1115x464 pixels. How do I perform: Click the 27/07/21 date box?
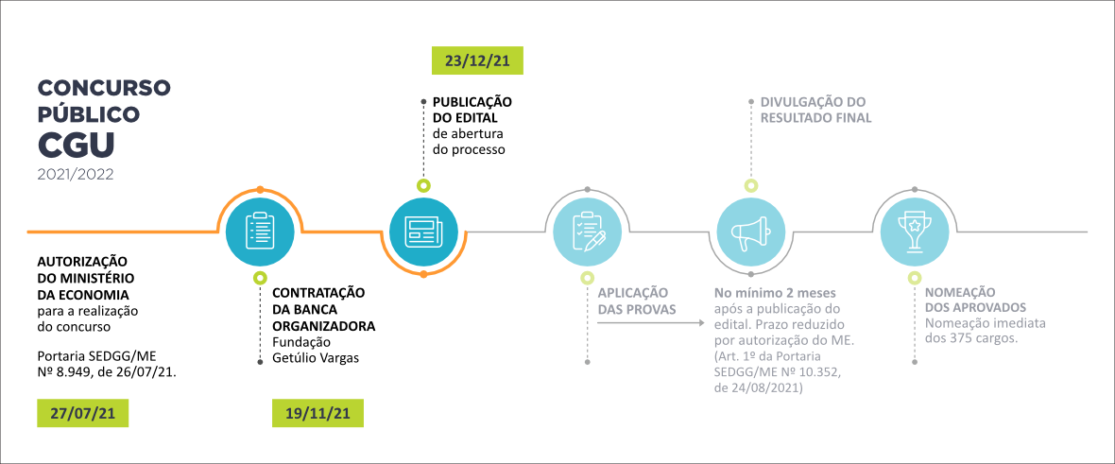(x=82, y=414)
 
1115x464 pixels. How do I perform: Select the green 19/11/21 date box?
(x=317, y=414)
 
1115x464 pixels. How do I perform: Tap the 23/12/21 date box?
(x=477, y=60)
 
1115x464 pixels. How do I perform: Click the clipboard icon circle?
(x=260, y=232)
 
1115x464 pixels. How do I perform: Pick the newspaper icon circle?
(x=423, y=232)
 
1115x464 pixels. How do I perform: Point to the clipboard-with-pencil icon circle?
(x=588, y=232)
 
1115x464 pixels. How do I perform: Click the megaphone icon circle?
(x=751, y=232)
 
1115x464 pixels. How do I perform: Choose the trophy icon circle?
(x=914, y=232)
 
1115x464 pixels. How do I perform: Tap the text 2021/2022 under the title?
(x=75, y=175)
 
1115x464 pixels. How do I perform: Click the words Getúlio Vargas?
(x=316, y=357)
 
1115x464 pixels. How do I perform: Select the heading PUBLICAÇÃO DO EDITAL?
(x=472, y=109)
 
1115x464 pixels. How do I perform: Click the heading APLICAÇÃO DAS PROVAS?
(x=633, y=301)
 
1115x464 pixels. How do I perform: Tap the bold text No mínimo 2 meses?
(x=775, y=292)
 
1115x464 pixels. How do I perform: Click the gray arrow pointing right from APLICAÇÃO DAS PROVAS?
(x=653, y=323)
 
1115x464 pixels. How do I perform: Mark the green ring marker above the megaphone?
(x=751, y=186)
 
